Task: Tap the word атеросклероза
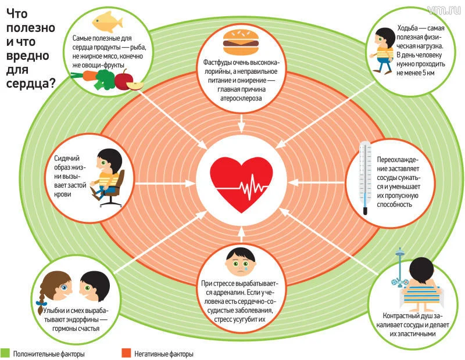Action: coord(240,99)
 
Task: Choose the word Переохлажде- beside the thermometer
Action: coord(397,160)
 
